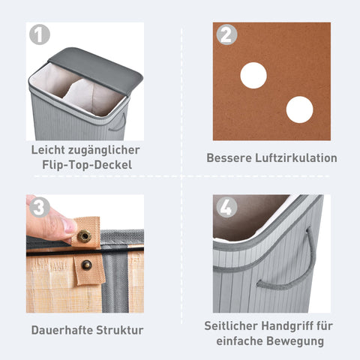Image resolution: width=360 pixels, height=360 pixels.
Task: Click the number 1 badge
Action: pyautogui.click(x=40, y=36)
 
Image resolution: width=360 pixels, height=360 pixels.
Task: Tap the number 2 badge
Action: pyautogui.click(x=226, y=36)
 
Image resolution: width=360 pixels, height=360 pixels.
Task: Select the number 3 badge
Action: pyautogui.click(x=40, y=208)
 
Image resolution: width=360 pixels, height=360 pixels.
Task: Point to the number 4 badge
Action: pyautogui.click(x=226, y=208)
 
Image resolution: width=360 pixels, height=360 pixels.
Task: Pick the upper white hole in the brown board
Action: pyautogui.click(x=253, y=76)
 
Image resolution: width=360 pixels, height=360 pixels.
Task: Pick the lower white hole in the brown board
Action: pyautogui.click(x=299, y=109)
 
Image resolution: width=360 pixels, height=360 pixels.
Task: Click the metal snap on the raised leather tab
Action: pyautogui.click(x=84, y=236)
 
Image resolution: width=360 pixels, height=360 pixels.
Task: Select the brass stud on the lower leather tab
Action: pyautogui.click(x=85, y=264)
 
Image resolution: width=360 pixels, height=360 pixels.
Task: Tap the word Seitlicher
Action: pyautogui.click(x=230, y=325)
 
